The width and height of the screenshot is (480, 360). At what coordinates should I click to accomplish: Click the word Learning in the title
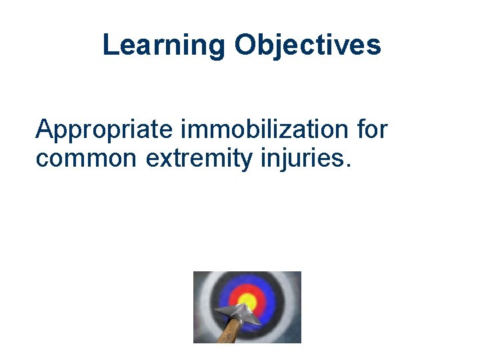pyautogui.click(x=164, y=45)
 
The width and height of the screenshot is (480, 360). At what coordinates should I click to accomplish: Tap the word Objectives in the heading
pyautogui.click(x=307, y=45)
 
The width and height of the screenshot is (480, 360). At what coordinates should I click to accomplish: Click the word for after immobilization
pyautogui.click(x=371, y=129)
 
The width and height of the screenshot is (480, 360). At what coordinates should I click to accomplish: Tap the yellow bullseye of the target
pyautogui.click(x=247, y=299)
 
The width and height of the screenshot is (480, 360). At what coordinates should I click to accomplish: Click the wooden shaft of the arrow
pyautogui.click(x=227, y=331)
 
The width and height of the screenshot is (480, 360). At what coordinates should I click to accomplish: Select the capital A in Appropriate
pyautogui.click(x=43, y=129)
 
